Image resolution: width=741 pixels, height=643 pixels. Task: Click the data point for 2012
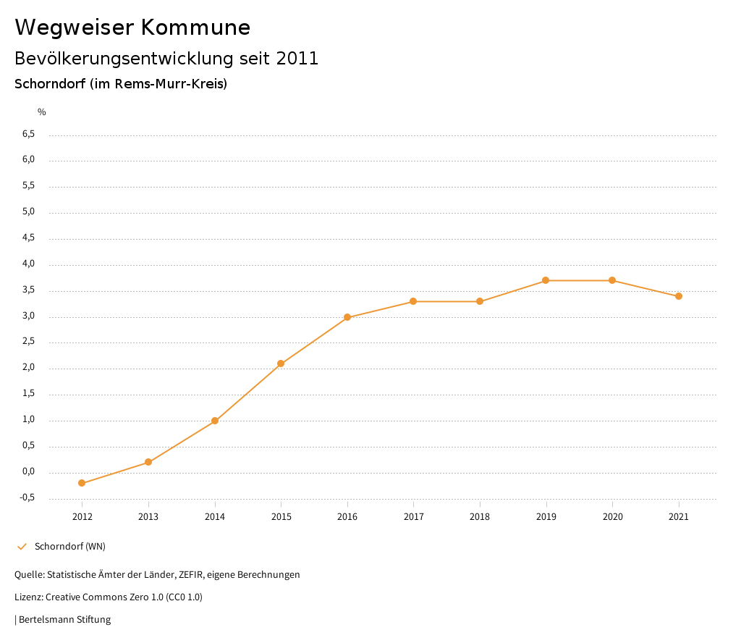tap(82, 483)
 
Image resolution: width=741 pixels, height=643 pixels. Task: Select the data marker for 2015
tap(281, 363)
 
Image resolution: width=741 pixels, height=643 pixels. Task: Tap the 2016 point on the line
tap(347, 317)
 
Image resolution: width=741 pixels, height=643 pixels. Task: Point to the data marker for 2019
tap(546, 280)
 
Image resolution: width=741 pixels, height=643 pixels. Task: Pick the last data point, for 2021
tap(679, 296)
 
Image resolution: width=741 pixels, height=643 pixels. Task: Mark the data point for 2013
tap(148, 462)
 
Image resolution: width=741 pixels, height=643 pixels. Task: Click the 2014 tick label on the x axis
tap(215, 517)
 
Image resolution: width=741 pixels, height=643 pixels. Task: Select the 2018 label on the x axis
tap(480, 517)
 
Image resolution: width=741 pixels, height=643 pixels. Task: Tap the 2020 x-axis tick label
tap(612, 517)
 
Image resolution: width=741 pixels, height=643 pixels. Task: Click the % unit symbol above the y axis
tap(42, 112)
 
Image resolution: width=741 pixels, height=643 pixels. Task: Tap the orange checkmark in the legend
tap(22, 547)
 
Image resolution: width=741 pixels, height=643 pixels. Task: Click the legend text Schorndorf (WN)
tap(70, 547)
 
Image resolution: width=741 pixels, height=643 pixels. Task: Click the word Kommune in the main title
tap(195, 28)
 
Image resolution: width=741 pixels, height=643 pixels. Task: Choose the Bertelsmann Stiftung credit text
tap(64, 620)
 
